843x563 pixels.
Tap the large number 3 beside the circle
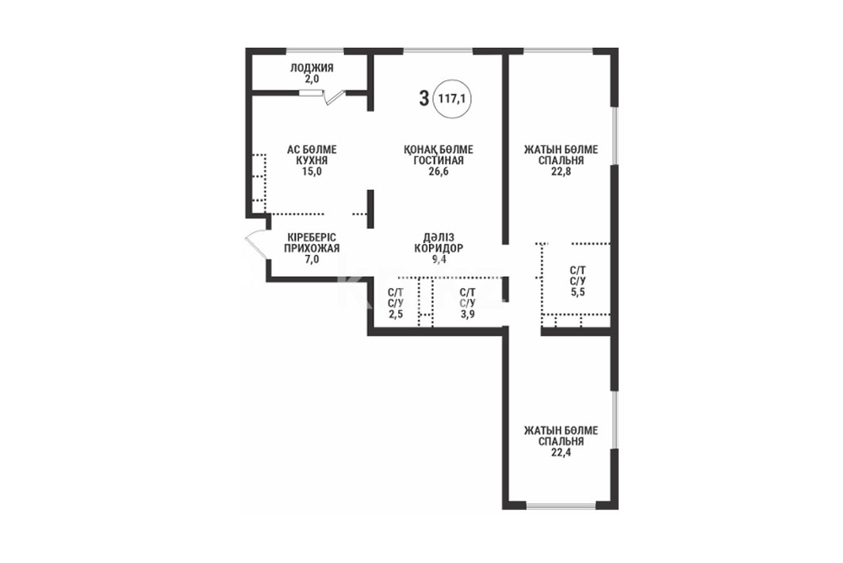(x=424, y=98)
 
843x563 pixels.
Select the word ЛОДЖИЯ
(x=312, y=67)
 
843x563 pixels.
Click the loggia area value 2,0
(x=312, y=79)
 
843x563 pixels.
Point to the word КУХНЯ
(x=312, y=160)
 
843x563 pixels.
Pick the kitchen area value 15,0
(x=312, y=172)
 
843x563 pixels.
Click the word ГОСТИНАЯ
(x=439, y=160)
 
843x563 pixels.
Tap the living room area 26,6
(x=439, y=172)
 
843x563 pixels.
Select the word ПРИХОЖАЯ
(x=312, y=248)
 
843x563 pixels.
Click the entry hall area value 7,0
(x=312, y=260)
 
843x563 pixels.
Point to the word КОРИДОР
(x=439, y=248)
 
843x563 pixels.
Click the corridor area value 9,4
(x=439, y=260)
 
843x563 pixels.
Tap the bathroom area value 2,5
(x=396, y=315)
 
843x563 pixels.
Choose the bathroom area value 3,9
(x=467, y=315)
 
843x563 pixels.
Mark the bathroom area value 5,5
(x=578, y=292)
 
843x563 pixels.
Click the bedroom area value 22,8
(x=561, y=172)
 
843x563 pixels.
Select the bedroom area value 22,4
(x=561, y=453)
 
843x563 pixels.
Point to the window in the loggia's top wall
(x=315, y=51)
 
